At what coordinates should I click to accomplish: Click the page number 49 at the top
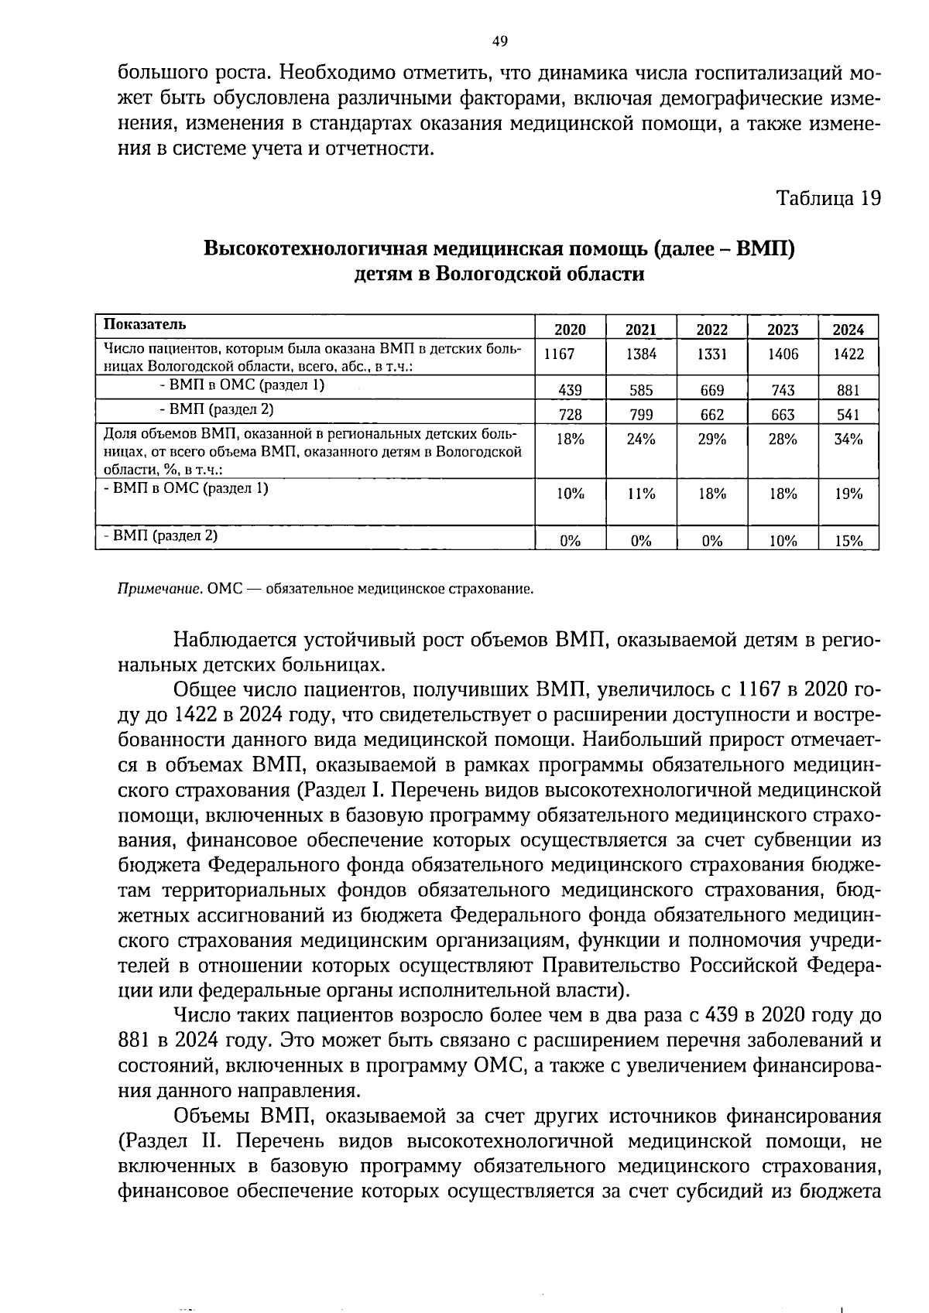pyautogui.click(x=499, y=41)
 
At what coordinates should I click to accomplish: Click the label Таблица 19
pyautogui.click(x=828, y=199)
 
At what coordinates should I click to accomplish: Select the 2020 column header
pyautogui.click(x=571, y=330)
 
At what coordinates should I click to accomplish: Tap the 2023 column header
pyautogui.click(x=783, y=330)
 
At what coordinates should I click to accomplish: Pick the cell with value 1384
pyautogui.click(x=641, y=354)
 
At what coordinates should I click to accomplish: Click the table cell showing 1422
pyautogui.click(x=848, y=354)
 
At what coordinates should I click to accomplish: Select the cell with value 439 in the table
pyautogui.click(x=571, y=391)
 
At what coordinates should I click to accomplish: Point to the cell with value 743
pyautogui.click(x=783, y=391)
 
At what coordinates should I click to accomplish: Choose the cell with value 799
pyautogui.click(x=641, y=415)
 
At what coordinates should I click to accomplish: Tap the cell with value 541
pyautogui.click(x=848, y=415)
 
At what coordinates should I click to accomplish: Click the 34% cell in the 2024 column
pyautogui.click(x=848, y=439)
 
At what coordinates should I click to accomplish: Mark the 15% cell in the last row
pyautogui.click(x=848, y=542)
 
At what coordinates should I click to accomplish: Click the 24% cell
pyautogui.click(x=641, y=439)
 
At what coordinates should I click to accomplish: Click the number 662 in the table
pyautogui.click(x=711, y=415)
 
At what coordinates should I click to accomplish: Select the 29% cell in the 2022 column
pyautogui.click(x=711, y=439)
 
